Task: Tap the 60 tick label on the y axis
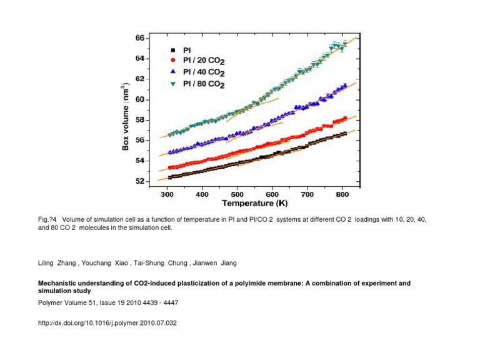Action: point(140,99)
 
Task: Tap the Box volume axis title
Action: point(126,114)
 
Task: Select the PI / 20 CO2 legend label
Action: point(203,60)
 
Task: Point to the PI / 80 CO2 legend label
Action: point(203,83)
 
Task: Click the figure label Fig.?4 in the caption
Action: point(47,221)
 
